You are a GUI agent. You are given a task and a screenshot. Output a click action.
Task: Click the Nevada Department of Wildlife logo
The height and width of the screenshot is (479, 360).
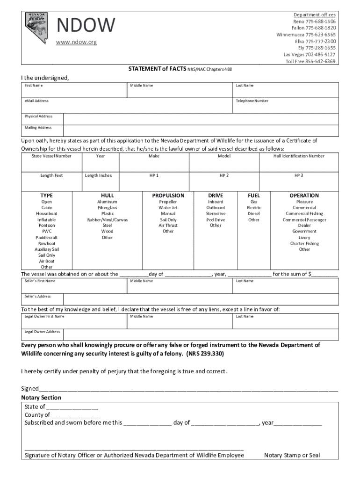click(x=36, y=28)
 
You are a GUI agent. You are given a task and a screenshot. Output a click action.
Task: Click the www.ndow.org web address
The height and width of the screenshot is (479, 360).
click(x=76, y=42)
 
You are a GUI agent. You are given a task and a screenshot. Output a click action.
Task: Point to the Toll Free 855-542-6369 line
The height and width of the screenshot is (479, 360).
click(x=310, y=61)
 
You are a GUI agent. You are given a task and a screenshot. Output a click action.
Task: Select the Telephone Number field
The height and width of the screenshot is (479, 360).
click(x=286, y=106)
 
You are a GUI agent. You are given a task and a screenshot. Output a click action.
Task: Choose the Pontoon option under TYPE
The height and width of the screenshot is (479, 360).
click(x=47, y=225)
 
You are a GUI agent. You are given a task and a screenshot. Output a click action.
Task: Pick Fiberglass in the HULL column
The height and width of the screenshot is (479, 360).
click(x=107, y=208)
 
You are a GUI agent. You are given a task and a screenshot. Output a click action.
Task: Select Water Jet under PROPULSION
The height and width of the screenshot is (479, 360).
click(x=168, y=208)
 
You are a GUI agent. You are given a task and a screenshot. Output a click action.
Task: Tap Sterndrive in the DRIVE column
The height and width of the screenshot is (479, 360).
click(x=216, y=214)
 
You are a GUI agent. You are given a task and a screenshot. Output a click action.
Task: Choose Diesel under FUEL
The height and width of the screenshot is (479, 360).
click(x=254, y=214)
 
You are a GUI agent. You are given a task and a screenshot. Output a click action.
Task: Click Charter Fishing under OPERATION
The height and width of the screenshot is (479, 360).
click(x=304, y=244)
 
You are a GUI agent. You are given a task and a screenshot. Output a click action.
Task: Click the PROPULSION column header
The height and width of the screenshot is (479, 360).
click(x=168, y=196)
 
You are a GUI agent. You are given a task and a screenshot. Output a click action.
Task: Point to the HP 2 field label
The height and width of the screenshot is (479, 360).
click(x=224, y=175)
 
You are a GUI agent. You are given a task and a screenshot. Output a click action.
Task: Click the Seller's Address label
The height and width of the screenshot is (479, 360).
click(x=38, y=296)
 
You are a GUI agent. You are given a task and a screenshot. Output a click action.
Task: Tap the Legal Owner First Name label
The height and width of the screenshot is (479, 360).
click(x=44, y=316)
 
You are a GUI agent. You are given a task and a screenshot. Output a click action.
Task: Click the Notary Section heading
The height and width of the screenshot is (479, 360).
click(x=41, y=398)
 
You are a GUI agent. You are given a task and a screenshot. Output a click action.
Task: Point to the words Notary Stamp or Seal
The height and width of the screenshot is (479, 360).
click(x=292, y=455)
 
